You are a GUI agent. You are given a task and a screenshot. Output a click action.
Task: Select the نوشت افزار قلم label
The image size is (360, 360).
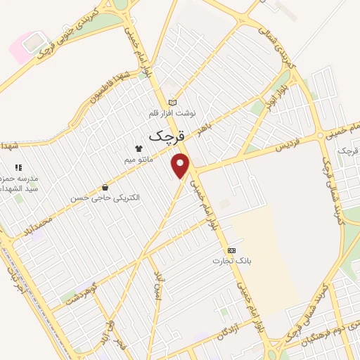(x=173, y=113)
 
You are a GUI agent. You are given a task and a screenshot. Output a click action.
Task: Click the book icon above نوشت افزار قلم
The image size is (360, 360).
(x=173, y=102)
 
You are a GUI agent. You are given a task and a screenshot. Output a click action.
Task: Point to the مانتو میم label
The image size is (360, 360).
(x=139, y=160)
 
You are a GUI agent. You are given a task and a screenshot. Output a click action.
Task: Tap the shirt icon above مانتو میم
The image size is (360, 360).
(x=139, y=149)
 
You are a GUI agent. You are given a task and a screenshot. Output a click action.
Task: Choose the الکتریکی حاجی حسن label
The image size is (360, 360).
(x=105, y=198)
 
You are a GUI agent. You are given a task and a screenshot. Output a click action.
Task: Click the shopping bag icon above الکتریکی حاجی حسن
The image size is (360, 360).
(x=105, y=187)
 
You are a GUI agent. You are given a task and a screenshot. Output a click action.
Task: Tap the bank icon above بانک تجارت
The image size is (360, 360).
(x=231, y=250)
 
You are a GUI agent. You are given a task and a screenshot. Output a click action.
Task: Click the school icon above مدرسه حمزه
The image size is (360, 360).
(x=19, y=168)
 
